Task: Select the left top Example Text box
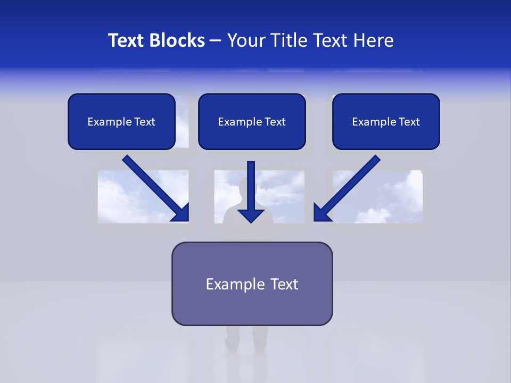[x=121, y=121]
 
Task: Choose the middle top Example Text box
[x=252, y=121]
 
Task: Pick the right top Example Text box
[x=386, y=121]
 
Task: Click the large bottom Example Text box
[x=252, y=284]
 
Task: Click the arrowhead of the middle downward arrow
[x=251, y=215]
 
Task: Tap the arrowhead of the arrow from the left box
[x=182, y=213]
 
